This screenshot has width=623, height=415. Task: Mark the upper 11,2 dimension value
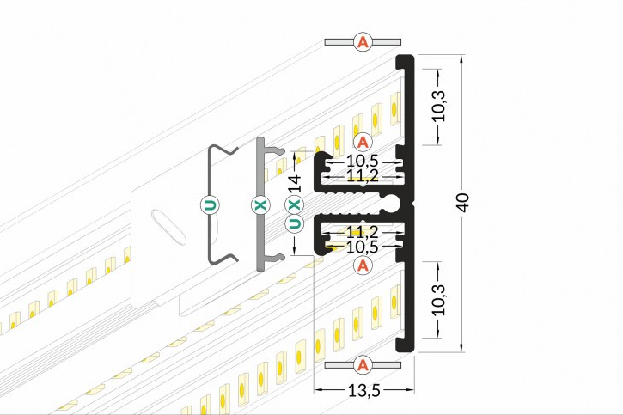click(x=363, y=175)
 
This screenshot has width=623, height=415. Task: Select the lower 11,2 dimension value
click(x=363, y=232)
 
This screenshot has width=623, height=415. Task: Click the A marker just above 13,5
click(x=363, y=365)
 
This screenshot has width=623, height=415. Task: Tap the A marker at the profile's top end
click(x=363, y=41)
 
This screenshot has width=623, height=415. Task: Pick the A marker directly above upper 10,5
click(x=363, y=141)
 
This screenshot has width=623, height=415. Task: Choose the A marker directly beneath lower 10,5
click(x=363, y=266)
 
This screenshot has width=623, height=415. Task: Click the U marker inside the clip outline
click(x=210, y=204)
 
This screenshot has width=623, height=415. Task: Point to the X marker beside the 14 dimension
click(x=294, y=204)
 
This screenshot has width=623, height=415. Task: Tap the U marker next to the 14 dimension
click(x=294, y=225)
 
